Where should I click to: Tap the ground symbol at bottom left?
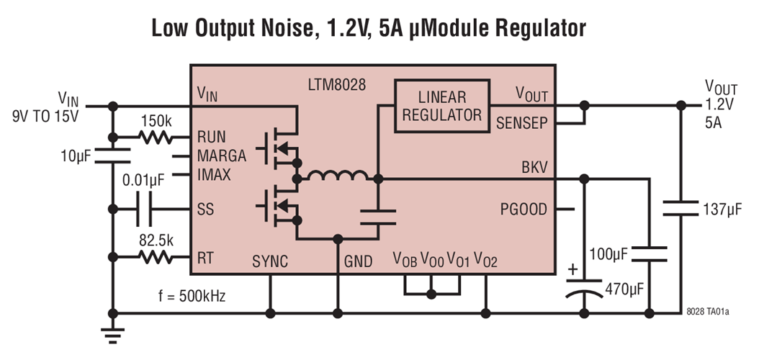click(x=112, y=333)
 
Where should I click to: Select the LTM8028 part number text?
click(x=337, y=84)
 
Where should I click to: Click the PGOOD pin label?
click(x=524, y=210)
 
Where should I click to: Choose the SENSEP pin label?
click(x=522, y=122)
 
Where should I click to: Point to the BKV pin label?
click(x=534, y=167)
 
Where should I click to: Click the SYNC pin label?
click(x=270, y=261)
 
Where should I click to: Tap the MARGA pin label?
click(x=221, y=156)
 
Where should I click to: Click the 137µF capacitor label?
click(x=722, y=210)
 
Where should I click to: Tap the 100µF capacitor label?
click(x=608, y=253)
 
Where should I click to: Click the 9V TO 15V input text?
click(x=45, y=114)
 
